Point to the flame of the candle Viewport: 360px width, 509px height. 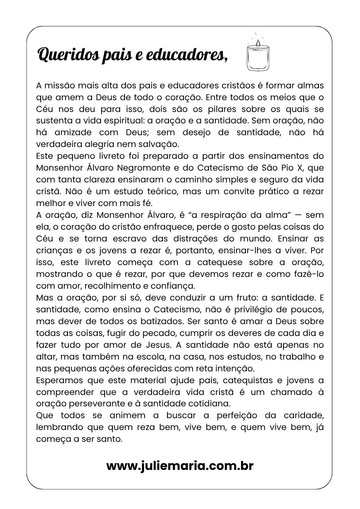[258, 42]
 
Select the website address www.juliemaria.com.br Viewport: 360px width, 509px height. [180, 465]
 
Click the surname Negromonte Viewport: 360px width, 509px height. [135, 168]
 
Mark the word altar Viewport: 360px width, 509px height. [45, 357]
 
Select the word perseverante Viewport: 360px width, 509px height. [103, 404]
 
